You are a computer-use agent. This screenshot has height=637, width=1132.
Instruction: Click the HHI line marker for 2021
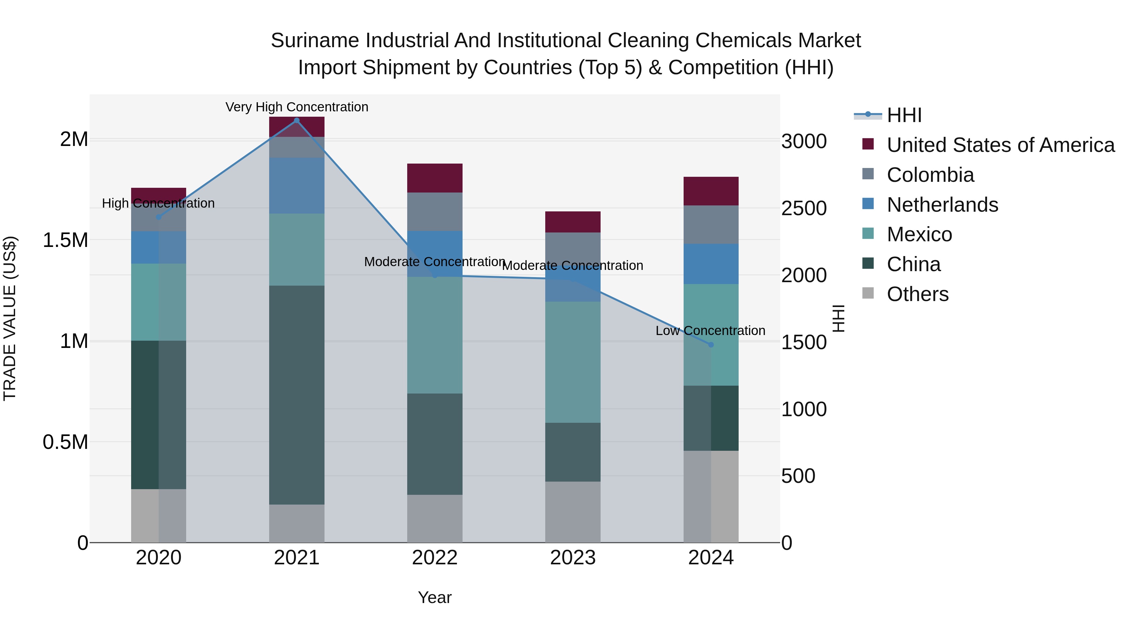tap(297, 120)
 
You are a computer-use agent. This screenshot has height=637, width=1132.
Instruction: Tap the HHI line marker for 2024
tap(711, 345)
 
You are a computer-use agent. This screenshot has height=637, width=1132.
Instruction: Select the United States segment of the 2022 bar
tap(435, 178)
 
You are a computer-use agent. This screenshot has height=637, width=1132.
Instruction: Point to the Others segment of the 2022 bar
tap(435, 518)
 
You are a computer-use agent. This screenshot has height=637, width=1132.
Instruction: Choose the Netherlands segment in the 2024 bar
tap(711, 264)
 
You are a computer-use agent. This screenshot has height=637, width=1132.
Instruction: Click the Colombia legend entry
tap(930, 175)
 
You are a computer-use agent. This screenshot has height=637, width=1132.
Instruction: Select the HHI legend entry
tap(903, 115)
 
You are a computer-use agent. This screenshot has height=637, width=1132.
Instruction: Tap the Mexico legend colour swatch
tap(868, 233)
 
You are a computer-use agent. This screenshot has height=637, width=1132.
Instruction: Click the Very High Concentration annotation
tap(297, 107)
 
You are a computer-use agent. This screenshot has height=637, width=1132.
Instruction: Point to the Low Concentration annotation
tap(710, 331)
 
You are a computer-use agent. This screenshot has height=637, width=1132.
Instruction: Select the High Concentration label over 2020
tap(158, 203)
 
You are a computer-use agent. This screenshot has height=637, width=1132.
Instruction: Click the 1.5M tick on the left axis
tap(65, 240)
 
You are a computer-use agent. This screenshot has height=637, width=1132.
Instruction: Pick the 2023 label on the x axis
tap(573, 558)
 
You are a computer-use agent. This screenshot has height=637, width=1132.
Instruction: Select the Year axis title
tap(435, 597)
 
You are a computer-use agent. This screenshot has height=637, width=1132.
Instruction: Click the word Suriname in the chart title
tap(315, 41)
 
